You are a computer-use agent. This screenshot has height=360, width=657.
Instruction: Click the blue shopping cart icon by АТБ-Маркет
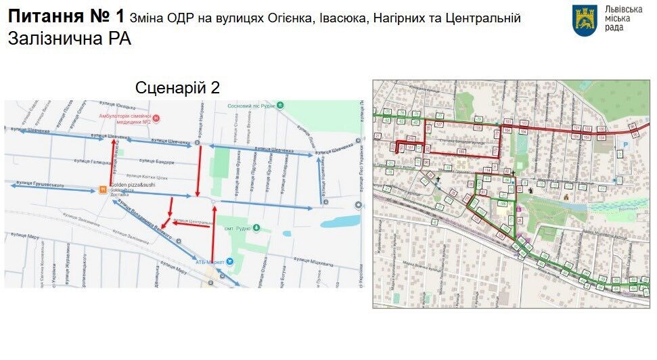click(x=229, y=261)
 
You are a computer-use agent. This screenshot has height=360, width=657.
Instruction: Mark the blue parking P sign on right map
click(x=625, y=144)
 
